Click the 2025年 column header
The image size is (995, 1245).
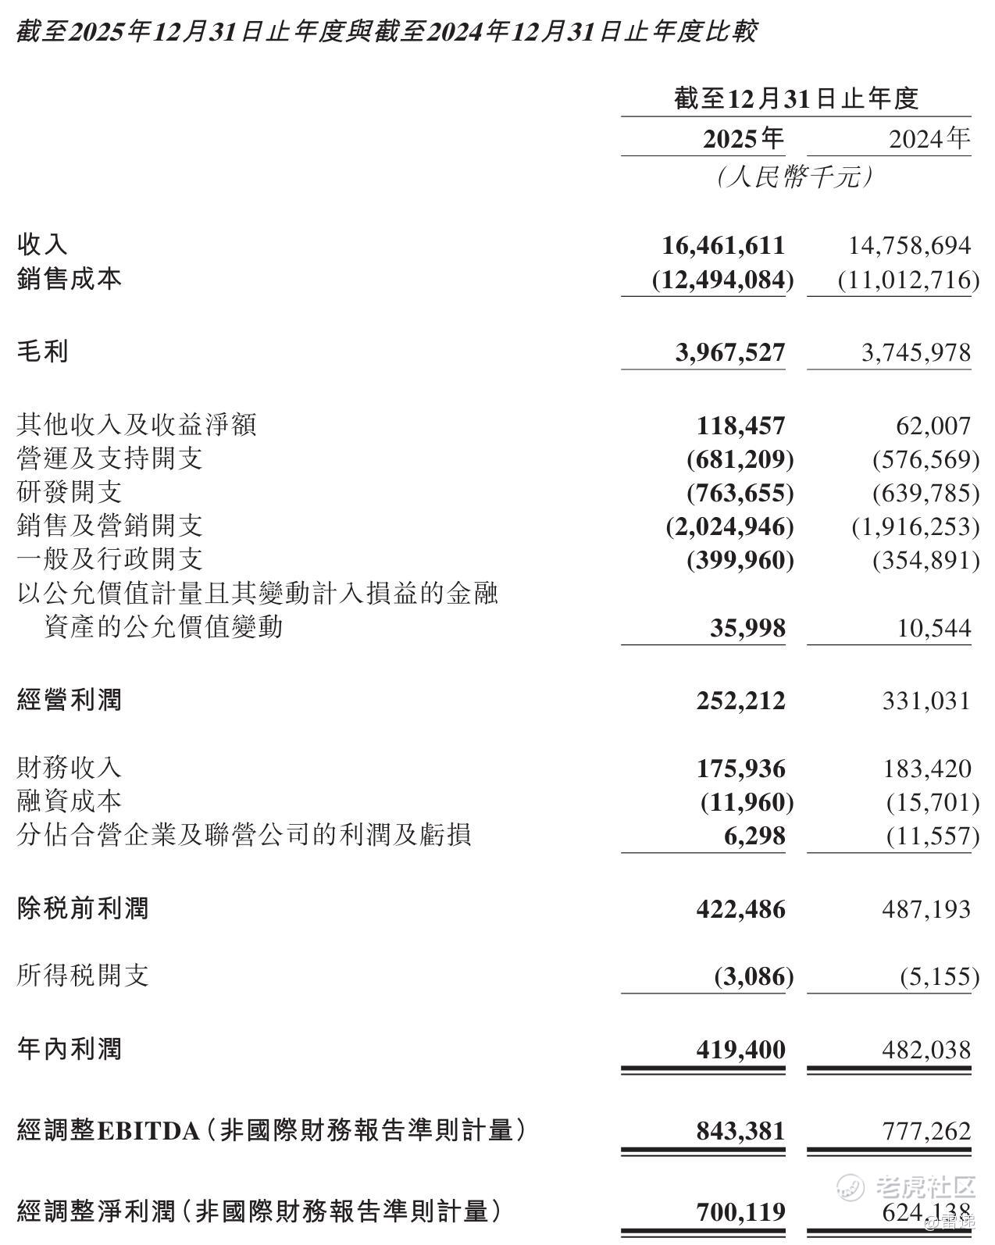tap(743, 139)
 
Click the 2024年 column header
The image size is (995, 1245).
tap(929, 139)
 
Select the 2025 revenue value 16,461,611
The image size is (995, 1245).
tap(723, 245)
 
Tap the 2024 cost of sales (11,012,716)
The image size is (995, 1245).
tap(908, 280)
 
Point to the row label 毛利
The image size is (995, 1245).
tap(43, 351)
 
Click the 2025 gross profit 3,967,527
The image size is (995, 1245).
tap(729, 352)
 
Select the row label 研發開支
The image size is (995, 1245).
tap(70, 492)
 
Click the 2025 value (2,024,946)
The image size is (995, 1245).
tap(729, 526)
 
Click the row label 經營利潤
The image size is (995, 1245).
tap(70, 700)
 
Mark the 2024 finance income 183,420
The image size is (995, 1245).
tap(927, 769)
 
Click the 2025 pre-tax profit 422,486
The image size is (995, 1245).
tap(741, 909)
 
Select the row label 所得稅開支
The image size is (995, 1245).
tap(83, 975)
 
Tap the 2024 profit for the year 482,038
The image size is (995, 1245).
tap(927, 1050)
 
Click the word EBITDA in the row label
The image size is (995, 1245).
tap(148, 1131)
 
